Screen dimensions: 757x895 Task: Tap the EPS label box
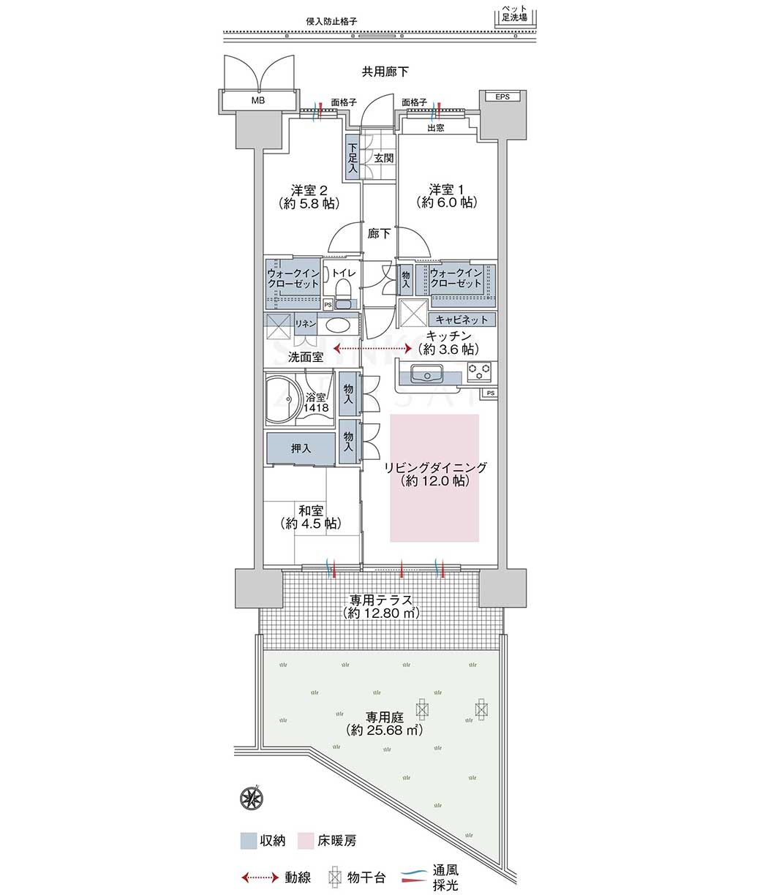[502, 97]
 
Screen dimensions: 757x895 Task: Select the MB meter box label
[258, 100]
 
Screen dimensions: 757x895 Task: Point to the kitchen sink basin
[426, 373]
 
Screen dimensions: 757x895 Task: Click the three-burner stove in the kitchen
[479, 371]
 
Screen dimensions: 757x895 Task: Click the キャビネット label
[462, 320]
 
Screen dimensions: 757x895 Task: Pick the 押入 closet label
[301, 448]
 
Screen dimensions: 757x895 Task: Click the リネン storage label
[305, 323]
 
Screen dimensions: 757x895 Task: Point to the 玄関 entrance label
[384, 158]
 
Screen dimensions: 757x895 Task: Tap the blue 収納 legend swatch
[249, 842]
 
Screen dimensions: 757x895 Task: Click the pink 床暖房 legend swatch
[306, 842]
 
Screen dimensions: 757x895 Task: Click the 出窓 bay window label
[435, 128]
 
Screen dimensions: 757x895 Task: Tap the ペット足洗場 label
[514, 13]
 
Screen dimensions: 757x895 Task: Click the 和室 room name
[311, 511]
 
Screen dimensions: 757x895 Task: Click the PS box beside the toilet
[328, 305]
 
